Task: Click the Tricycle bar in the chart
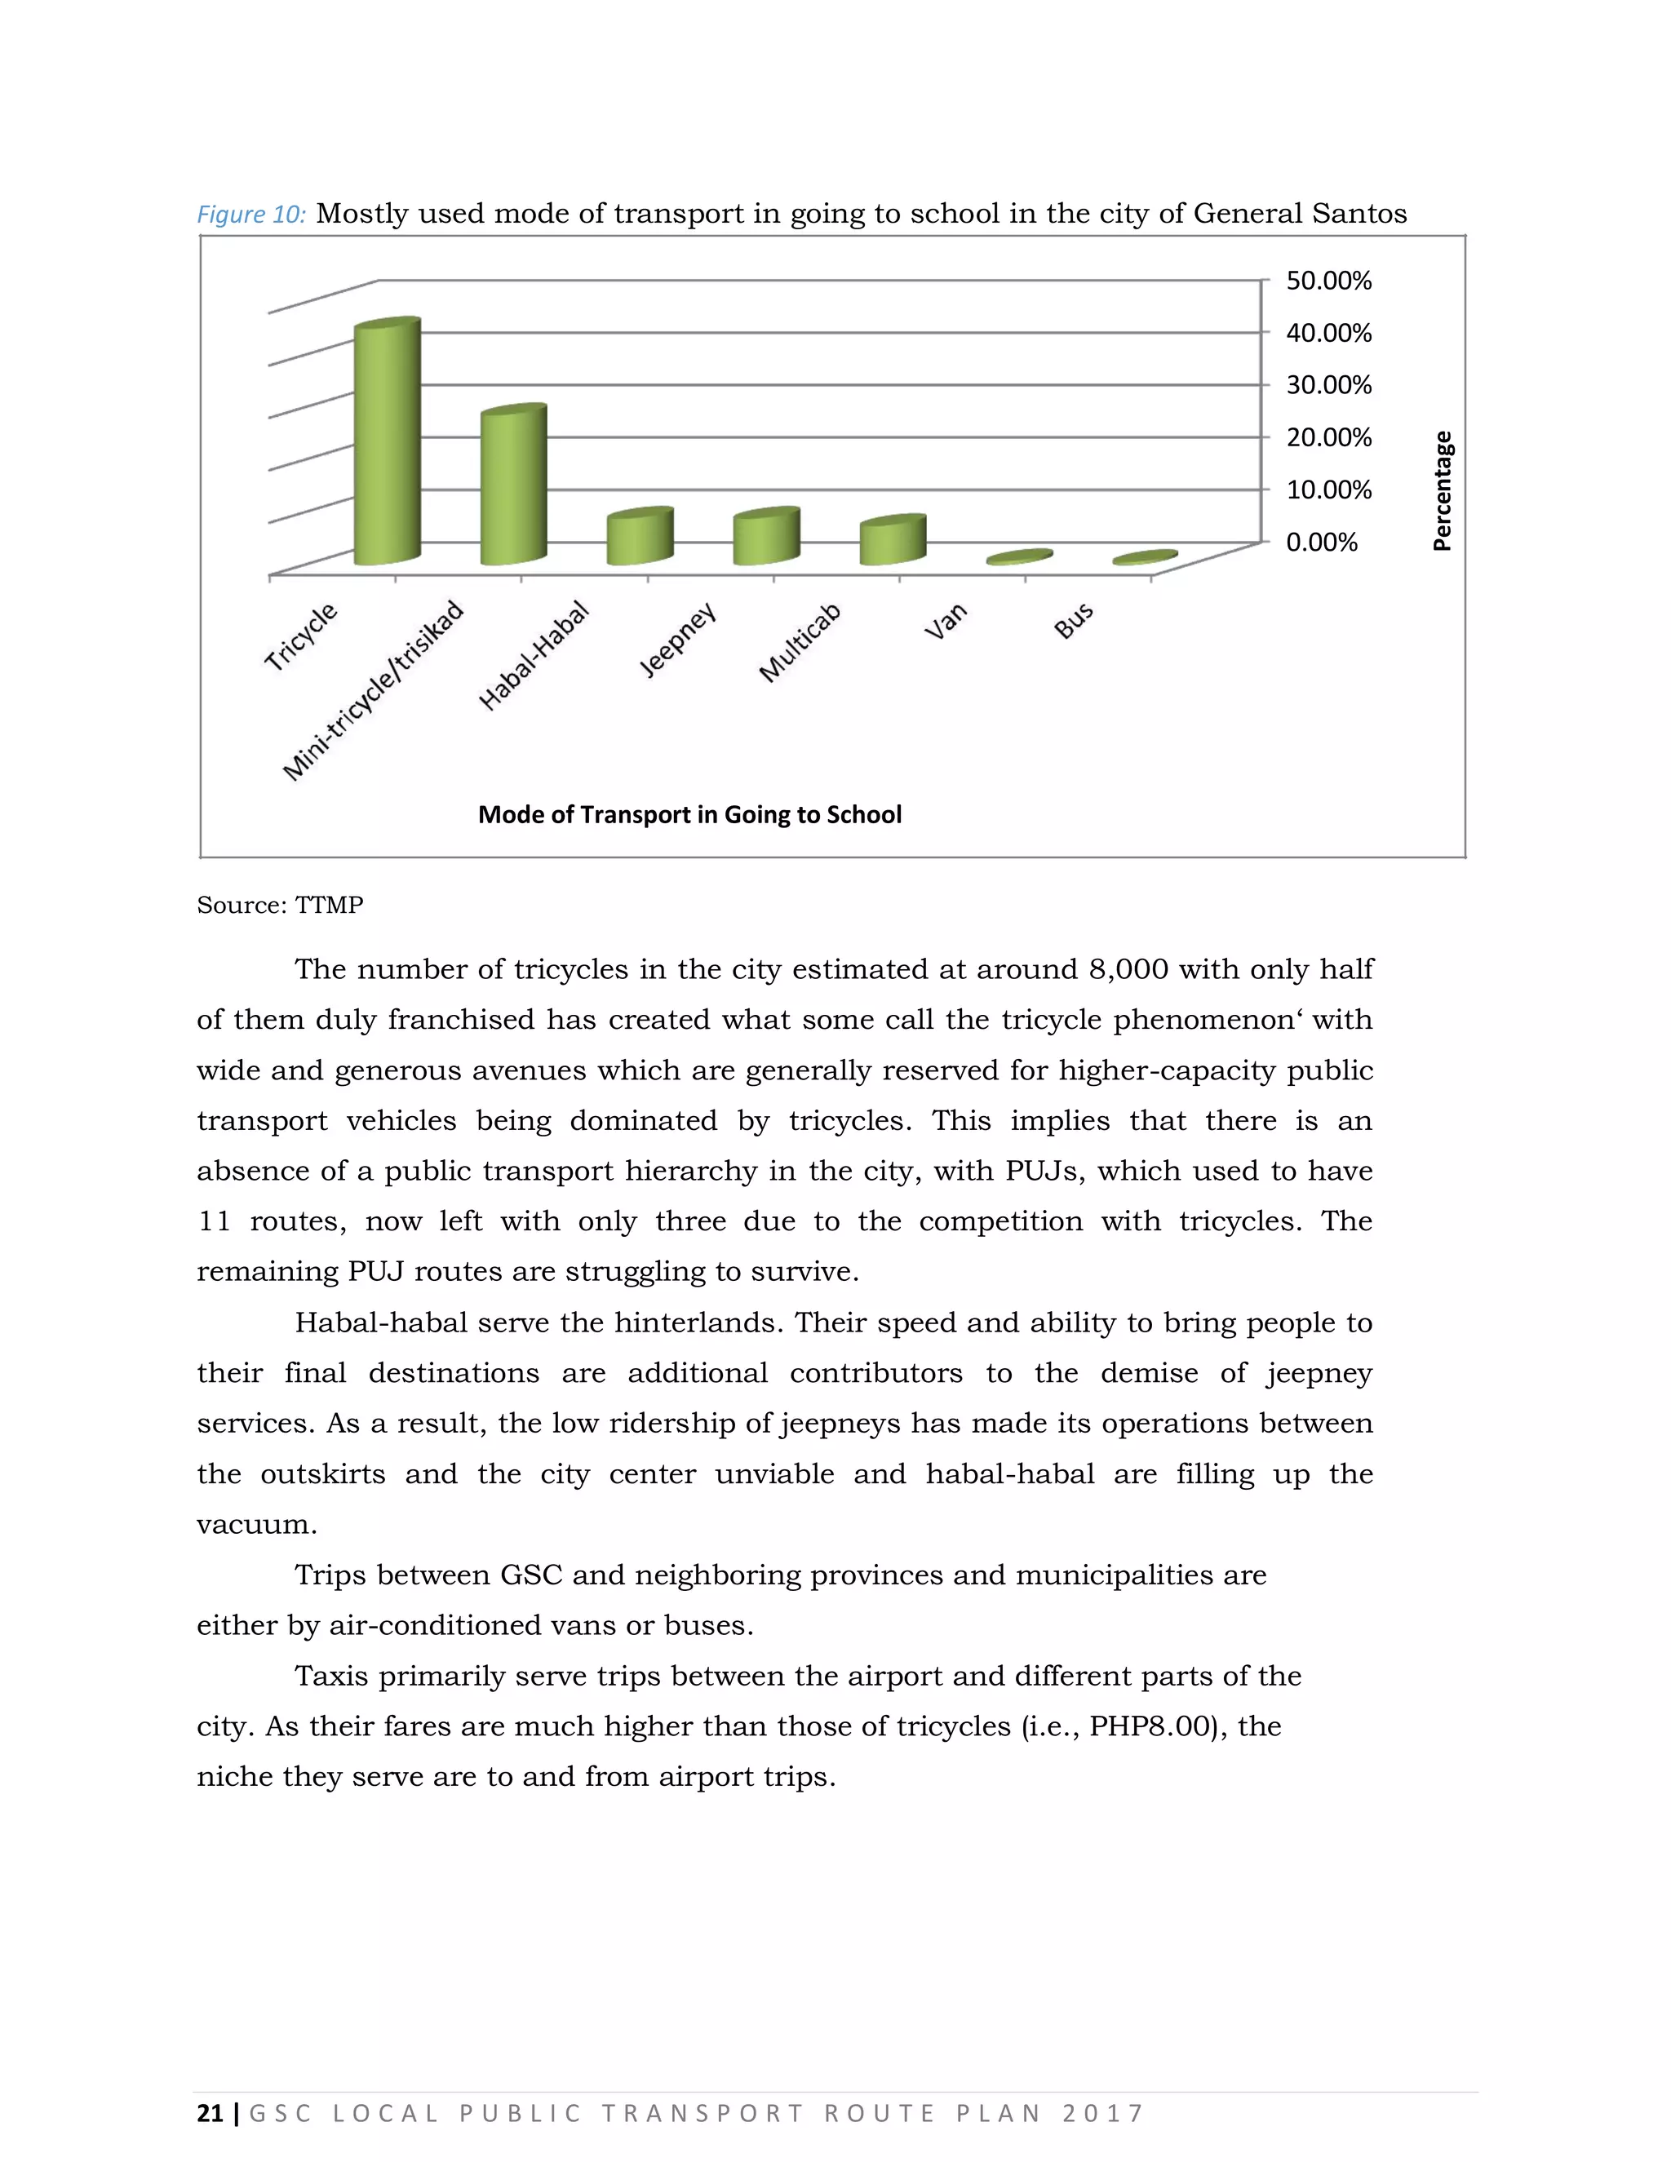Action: tap(388, 445)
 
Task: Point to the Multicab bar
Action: tap(892, 542)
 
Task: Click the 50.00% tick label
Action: tap(1327, 281)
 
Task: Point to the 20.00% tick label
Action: tap(1327, 437)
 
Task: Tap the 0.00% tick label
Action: tap(1322, 543)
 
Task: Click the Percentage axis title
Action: tap(1443, 491)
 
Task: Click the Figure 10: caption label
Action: tap(251, 215)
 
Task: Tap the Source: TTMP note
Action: tap(280, 905)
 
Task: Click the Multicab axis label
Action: tap(800, 644)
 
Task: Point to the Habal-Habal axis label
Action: tap(534, 656)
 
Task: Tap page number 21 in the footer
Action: tap(210, 2114)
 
